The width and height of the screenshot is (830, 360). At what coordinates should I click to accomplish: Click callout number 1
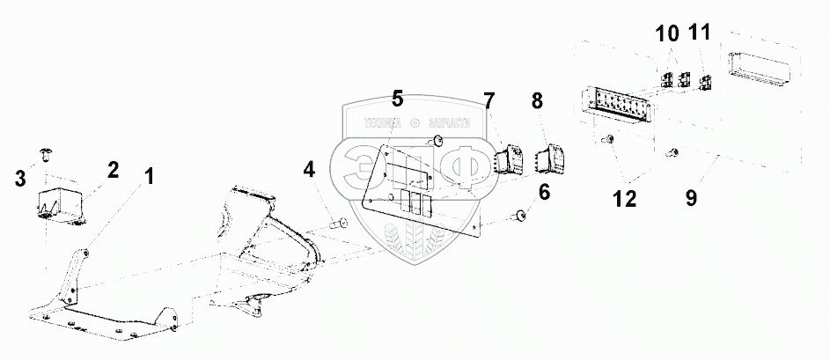[150, 177]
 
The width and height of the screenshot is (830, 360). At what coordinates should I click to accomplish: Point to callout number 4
[308, 168]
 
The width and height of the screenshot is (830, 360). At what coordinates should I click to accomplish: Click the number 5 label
[397, 98]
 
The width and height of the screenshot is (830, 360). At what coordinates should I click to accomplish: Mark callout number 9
[691, 198]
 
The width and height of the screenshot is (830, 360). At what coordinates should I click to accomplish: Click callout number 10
[666, 34]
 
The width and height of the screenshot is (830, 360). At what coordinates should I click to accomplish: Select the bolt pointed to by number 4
[337, 225]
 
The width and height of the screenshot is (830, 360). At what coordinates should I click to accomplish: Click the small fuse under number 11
[705, 84]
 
